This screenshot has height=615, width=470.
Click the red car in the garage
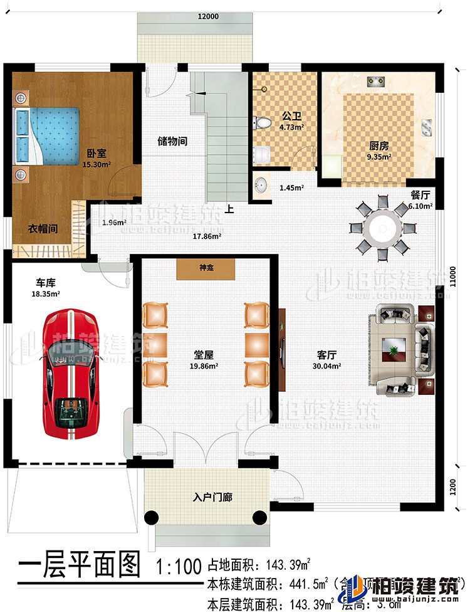[71, 374]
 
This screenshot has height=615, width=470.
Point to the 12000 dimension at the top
[208, 17]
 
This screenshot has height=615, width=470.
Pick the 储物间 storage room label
[172, 142]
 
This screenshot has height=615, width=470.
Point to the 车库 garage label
[41, 282]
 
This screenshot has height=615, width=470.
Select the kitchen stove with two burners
[377, 81]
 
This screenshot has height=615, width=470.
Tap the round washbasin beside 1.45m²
[262, 186]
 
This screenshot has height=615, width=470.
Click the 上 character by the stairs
[230, 210]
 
